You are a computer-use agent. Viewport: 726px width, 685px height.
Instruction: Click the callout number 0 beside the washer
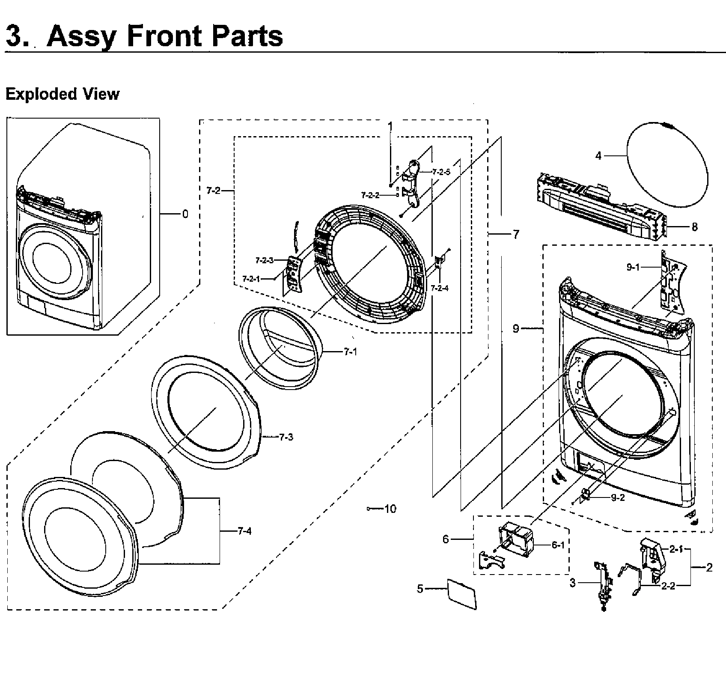tap(185, 214)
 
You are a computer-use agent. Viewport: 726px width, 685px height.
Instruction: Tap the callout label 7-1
tap(350, 352)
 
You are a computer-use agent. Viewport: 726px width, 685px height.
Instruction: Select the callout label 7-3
tap(286, 437)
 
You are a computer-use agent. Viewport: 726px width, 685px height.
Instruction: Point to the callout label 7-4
tap(244, 531)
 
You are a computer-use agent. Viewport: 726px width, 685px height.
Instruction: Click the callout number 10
tap(390, 509)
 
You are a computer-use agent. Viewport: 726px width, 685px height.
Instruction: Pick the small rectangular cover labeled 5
tap(461, 593)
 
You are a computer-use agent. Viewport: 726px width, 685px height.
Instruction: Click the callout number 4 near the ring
tap(598, 156)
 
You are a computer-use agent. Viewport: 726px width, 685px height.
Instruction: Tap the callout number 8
tap(694, 227)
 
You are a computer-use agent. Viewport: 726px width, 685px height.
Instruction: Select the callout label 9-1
tap(633, 267)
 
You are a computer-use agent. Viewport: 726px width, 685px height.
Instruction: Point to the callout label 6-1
tap(558, 545)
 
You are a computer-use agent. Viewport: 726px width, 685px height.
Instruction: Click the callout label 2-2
tap(668, 586)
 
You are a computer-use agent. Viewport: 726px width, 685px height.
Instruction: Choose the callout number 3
tap(573, 583)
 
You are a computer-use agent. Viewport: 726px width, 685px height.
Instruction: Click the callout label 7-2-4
tap(440, 288)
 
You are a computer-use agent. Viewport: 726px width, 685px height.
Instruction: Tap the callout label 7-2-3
tap(264, 260)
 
